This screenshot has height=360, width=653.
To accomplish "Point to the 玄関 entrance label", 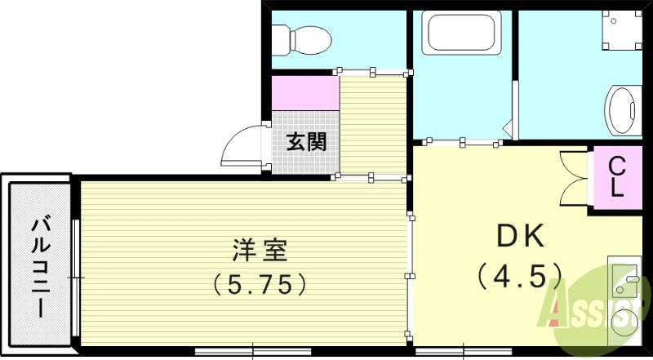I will click(x=306, y=141).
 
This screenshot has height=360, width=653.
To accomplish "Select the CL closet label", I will click(x=618, y=179).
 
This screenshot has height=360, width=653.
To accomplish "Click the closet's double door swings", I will click(x=575, y=179).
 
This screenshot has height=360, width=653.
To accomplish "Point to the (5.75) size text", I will click(x=260, y=284).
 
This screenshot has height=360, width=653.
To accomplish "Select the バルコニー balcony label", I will click(x=38, y=265).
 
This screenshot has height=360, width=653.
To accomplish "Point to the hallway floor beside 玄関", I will click(x=372, y=123).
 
